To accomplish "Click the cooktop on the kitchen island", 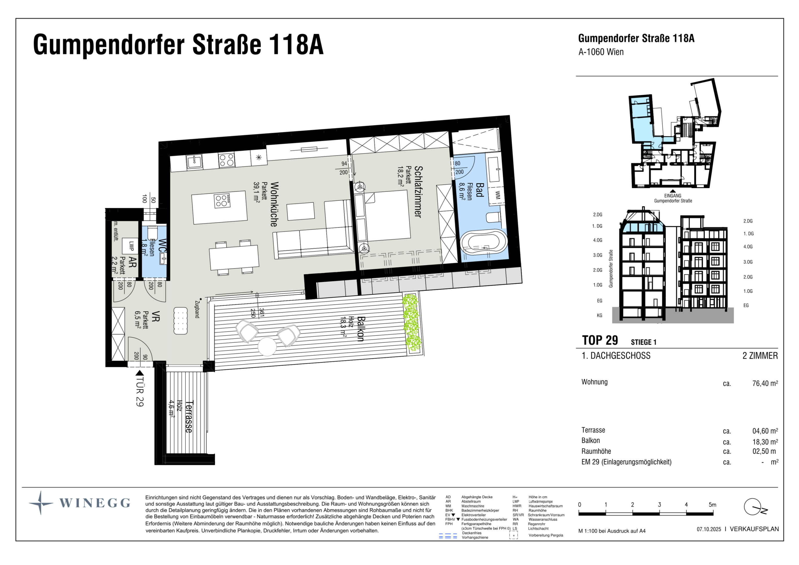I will click(x=222, y=201).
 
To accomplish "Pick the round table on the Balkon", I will click(x=267, y=346).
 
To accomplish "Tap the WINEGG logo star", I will click(x=41, y=503).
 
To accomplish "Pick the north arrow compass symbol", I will click(x=754, y=507).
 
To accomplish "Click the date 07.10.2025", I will click(x=709, y=529).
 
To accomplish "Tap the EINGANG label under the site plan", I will click(x=672, y=196).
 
